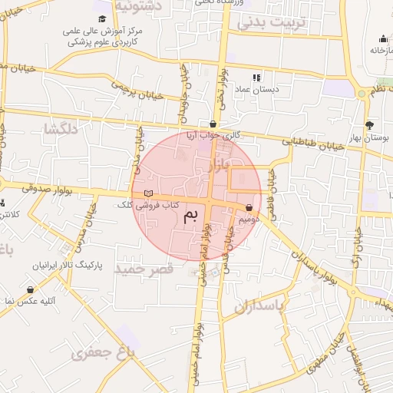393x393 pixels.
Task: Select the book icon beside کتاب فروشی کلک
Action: [149, 193]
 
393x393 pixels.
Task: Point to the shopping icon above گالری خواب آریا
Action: [213, 124]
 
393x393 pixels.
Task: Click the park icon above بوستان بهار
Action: [370, 124]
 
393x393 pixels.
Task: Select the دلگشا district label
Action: [61, 129]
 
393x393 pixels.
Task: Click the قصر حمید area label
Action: [144, 269]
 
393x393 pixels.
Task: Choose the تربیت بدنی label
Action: [271, 22]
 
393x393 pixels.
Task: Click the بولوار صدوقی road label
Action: [28, 186]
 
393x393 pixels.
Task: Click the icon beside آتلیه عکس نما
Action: [30, 289]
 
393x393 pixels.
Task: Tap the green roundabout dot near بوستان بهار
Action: [362, 94]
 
